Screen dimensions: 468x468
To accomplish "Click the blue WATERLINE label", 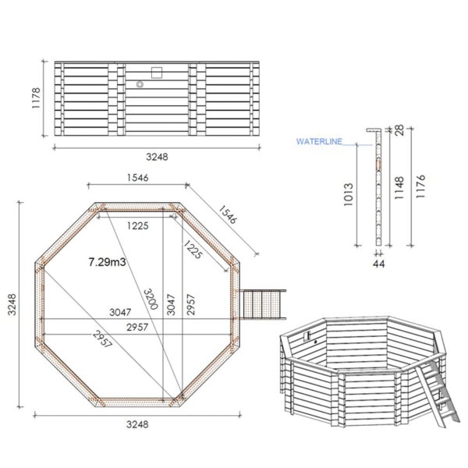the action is pos(319,141).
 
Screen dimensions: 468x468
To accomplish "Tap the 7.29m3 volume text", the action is pos(107,262).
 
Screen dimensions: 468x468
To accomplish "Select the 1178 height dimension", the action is pos(36,98).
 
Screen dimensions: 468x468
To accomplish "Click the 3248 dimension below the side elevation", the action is pos(157,157).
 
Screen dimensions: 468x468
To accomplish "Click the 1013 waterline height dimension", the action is pos(349,194).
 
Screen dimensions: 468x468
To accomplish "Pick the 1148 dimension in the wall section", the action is pos(399,188).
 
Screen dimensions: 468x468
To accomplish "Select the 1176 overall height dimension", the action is pos(420,186).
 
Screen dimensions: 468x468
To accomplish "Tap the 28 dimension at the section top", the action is pos(399,130).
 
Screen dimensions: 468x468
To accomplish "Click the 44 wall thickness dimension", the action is pos(379,264).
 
